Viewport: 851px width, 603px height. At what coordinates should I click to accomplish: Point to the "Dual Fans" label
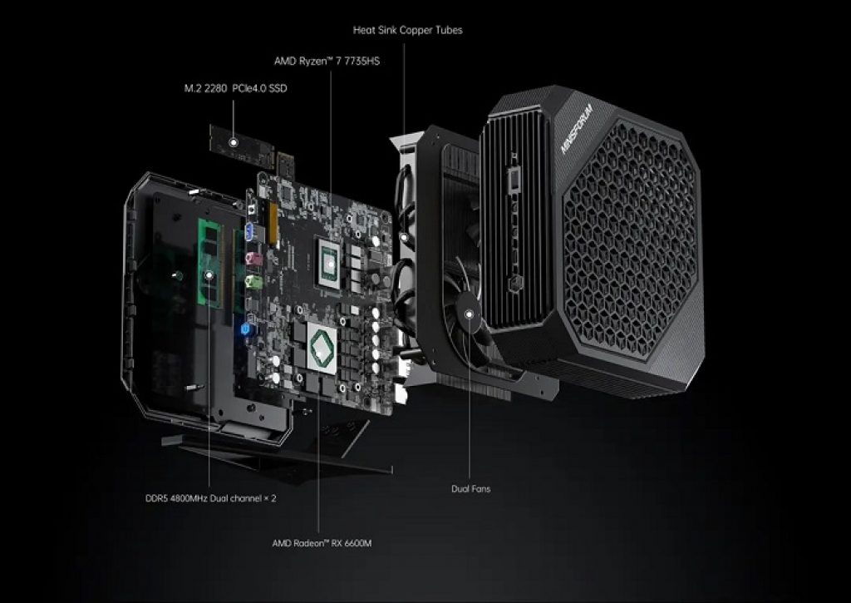coord(470,488)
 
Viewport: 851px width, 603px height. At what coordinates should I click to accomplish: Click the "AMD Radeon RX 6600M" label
coord(322,543)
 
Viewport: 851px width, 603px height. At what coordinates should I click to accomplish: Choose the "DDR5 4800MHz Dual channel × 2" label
coord(210,500)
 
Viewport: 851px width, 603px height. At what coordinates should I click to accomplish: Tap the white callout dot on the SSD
coord(235,142)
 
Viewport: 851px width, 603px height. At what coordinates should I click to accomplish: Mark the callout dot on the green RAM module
coord(210,274)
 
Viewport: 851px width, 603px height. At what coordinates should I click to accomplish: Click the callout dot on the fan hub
coord(470,314)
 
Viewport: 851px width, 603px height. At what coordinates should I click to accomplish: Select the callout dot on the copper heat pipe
coord(405,239)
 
